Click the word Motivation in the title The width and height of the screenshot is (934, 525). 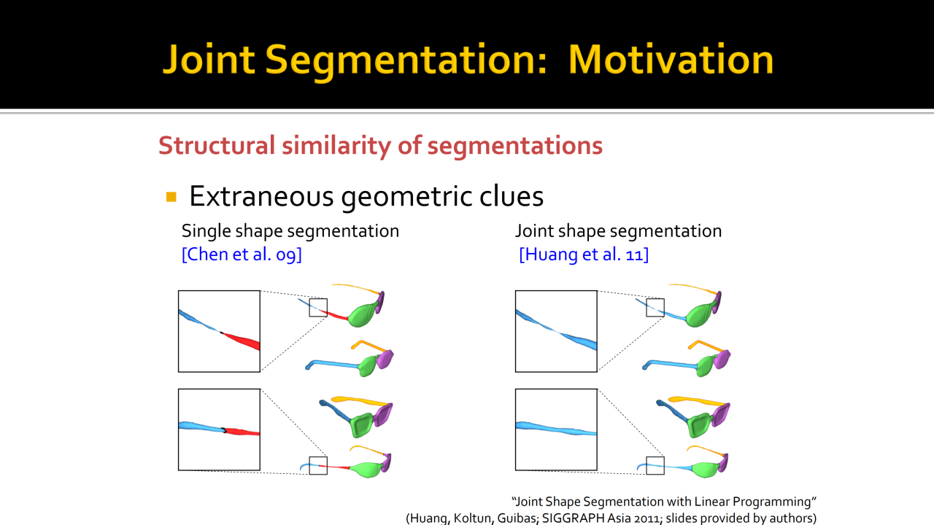tap(671, 60)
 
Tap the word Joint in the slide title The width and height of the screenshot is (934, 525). tap(209, 60)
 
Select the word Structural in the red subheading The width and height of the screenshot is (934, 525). tap(217, 145)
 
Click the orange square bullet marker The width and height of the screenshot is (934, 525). tap(171, 197)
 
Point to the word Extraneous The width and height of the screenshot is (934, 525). tap(261, 196)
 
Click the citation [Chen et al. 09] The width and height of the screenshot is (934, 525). tap(242, 254)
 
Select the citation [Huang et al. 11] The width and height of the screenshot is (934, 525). tap(584, 254)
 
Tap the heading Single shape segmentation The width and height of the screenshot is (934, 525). tap(290, 231)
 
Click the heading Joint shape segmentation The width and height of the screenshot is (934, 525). tap(618, 231)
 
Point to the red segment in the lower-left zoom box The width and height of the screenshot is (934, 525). tap(242, 432)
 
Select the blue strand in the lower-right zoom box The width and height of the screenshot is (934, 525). tap(557, 429)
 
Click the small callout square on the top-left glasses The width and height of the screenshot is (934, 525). tap(318, 299)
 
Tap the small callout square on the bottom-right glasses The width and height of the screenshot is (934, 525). tap(655, 457)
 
